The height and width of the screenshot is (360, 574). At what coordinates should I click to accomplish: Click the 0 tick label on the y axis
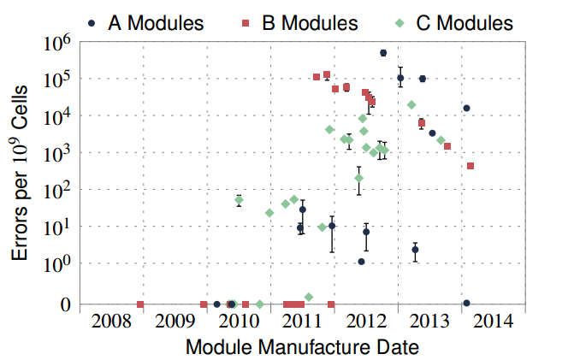(x=65, y=304)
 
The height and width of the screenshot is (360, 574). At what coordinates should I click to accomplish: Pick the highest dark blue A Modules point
(x=383, y=53)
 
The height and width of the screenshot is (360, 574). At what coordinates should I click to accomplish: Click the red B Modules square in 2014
(x=470, y=166)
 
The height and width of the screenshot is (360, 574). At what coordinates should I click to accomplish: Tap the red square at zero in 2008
(x=140, y=304)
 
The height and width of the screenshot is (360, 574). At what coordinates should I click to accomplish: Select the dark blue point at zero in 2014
(x=466, y=304)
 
